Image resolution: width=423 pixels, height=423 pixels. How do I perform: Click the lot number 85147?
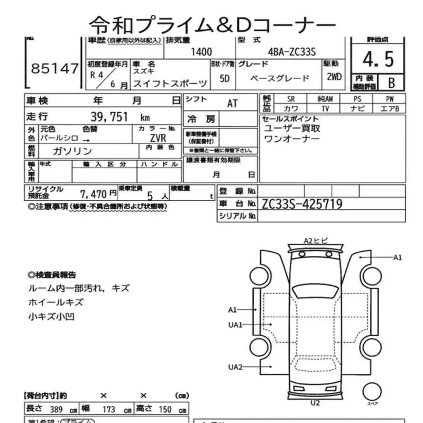pos(54,68)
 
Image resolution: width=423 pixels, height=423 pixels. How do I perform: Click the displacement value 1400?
pos(201,52)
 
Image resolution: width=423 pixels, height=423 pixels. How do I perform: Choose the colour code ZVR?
pos(158,136)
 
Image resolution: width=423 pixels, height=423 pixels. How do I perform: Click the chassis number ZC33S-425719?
pos(302,204)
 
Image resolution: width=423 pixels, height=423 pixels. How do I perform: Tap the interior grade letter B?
pos(391,82)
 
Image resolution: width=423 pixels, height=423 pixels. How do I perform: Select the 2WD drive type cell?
pos(334,77)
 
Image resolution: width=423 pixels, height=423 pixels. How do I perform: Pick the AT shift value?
pos(232,103)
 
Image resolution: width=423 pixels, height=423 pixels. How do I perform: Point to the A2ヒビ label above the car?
pos(316,241)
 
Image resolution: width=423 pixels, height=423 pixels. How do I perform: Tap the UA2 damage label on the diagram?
pos(235,367)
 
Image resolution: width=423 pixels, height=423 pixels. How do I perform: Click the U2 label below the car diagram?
pos(315,403)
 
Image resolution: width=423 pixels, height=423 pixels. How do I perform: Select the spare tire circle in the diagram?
pos(372,392)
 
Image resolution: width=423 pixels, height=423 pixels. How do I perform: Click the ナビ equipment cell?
pos(356,108)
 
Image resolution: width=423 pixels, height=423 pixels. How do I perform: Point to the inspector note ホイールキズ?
pos(56,302)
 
